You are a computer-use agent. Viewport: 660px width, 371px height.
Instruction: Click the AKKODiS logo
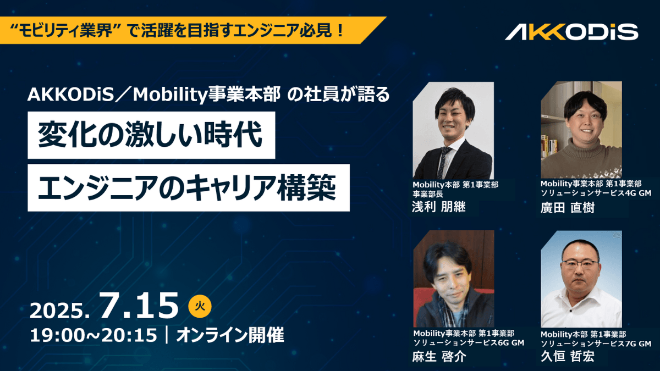click(571, 32)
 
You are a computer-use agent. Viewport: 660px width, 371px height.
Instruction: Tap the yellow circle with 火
click(200, 306)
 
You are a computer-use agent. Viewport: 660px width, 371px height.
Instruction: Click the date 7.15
click(139, 306)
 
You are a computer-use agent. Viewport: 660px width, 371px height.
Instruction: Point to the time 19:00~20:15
click(94, 335)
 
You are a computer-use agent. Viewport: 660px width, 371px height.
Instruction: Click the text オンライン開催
click(230, 335)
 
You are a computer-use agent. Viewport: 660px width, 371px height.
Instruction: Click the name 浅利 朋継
click(438, 207)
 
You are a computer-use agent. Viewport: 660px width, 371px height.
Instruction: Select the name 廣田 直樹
click(567, 208)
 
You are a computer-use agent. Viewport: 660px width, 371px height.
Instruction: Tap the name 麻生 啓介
click(439, 357)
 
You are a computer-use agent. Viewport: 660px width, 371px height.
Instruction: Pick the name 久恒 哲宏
click(568, 357)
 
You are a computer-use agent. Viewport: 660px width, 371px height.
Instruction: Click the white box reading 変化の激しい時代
click(151, 135)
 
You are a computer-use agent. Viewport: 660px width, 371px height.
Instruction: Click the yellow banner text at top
click(177, 30)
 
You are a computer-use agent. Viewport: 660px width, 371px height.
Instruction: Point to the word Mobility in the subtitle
click(170, 95)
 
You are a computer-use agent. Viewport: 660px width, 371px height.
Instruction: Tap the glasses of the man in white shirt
click(580, 264)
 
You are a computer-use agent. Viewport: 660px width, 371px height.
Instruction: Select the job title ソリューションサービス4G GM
click(596, 193)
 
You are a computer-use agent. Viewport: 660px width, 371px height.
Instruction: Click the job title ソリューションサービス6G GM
click(469, 343)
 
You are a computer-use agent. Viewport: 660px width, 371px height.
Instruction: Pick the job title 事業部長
click(428, 194)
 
